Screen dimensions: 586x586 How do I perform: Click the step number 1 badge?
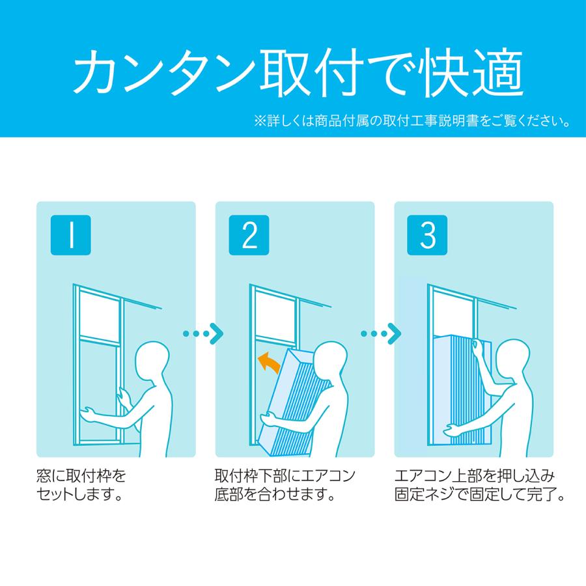[71, 236]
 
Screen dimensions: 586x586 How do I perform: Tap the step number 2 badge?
[250, 236]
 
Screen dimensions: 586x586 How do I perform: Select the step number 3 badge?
[428, 236]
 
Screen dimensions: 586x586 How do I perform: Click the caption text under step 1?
[81, 484]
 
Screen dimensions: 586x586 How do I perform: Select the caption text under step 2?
[285, 484]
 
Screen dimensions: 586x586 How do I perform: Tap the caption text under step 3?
[479, 484]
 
